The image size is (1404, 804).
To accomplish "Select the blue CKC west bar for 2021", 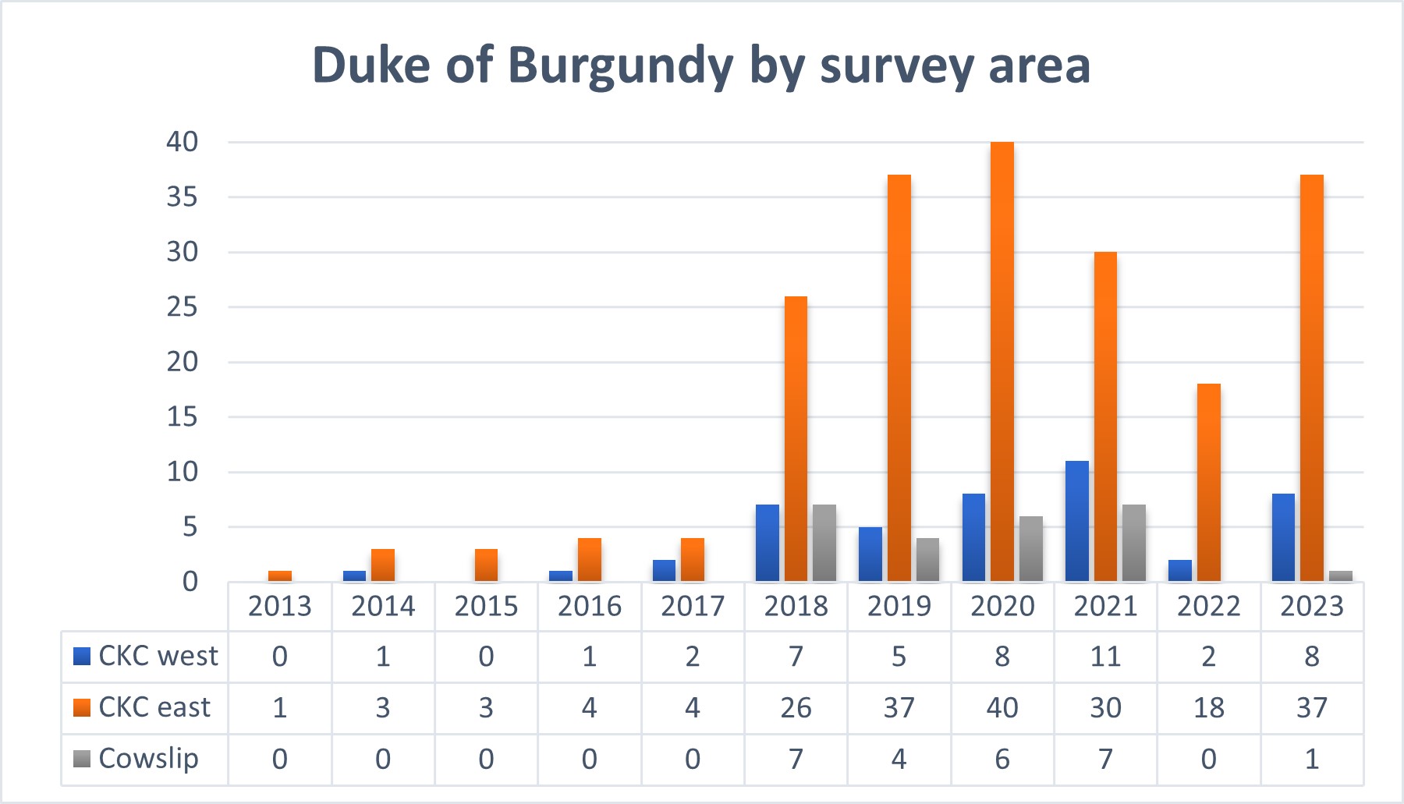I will click(1077, 521).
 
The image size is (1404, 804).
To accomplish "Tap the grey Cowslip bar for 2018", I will click(824, 543).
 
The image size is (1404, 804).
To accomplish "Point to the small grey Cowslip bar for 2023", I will click(1341, 576).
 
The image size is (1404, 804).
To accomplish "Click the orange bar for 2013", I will click(280, 576).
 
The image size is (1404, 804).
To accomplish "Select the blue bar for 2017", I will click(665, 571).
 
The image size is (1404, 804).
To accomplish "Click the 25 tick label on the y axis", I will click(183, 307).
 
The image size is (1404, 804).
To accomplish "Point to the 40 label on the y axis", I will click(183, 142).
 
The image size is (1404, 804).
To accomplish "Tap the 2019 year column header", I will click(899, 607).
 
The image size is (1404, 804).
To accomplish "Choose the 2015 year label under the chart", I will click(486, 607).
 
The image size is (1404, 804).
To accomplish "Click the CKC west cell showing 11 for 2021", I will click(1105, 657).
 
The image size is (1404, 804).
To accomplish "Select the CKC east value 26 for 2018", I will click(796, 708).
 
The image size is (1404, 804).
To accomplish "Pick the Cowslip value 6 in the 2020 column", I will click(1002, 759).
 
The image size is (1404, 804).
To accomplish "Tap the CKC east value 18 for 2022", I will click(1208, 708).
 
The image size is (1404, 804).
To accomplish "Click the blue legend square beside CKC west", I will click(82, 657).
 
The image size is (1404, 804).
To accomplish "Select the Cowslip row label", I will click(148, 759).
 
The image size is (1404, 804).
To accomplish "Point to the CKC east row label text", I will click(154, 707).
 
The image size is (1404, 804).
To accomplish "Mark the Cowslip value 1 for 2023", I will click(1312, 759).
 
